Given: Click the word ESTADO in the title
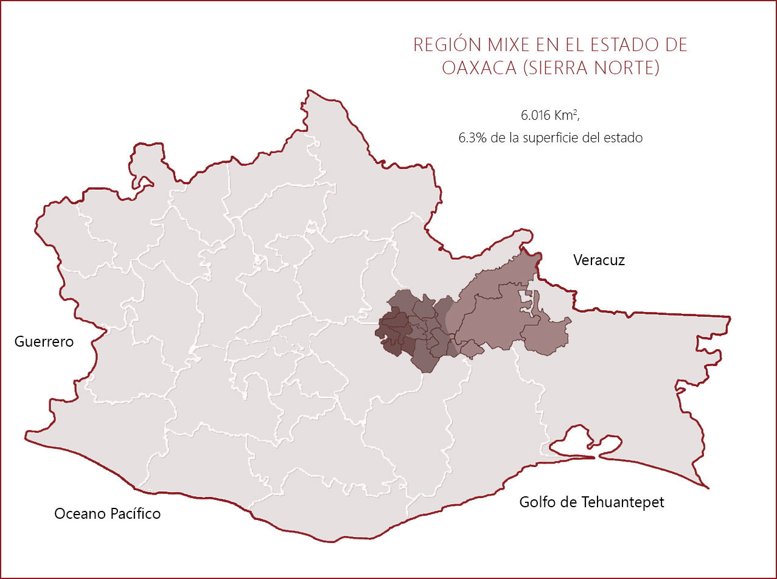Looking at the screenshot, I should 622,45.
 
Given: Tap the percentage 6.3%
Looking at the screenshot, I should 472,138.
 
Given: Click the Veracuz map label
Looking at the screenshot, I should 599,260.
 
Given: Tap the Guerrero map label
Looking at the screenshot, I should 44,342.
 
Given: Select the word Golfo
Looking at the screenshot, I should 537,502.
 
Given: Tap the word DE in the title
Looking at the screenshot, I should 676,45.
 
